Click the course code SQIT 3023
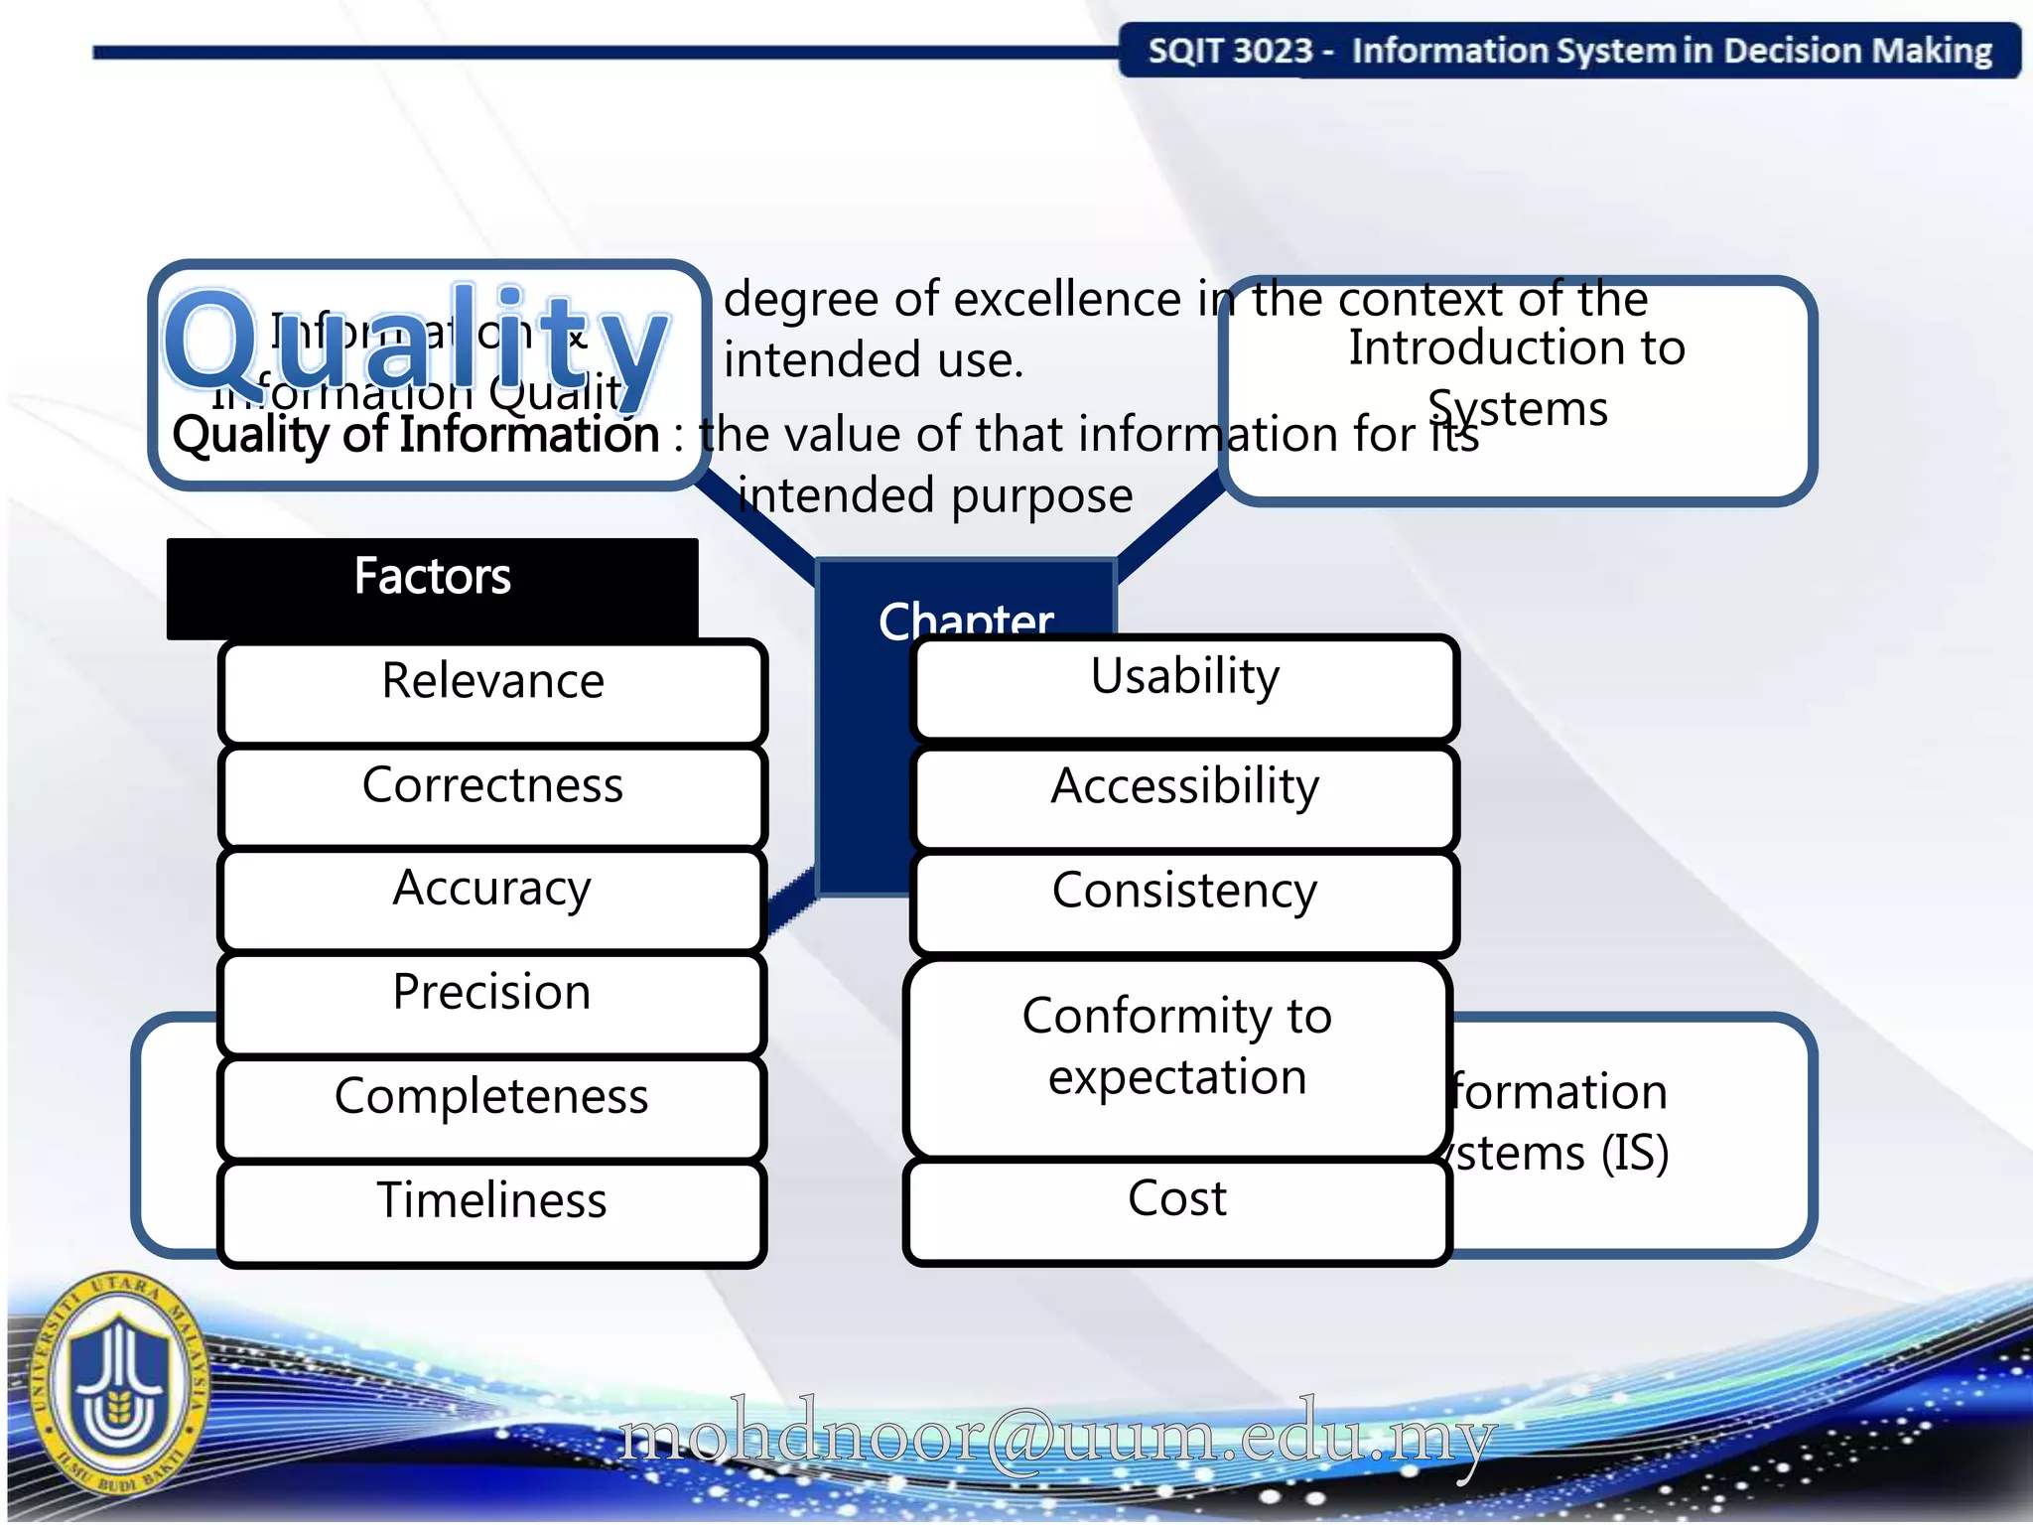pyautogui.click(x=1230, y=52)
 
